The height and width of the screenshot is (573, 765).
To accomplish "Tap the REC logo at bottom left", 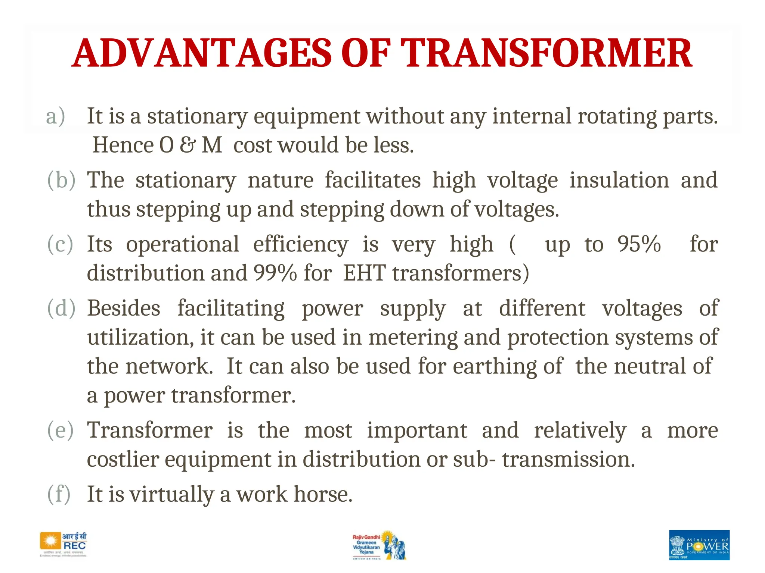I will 64,545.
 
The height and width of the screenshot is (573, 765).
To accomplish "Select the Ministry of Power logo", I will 699,545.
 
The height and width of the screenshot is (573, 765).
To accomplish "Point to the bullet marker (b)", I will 61,180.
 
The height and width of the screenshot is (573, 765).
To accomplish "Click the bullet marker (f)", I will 59,494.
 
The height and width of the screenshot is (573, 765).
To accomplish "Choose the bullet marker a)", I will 56,116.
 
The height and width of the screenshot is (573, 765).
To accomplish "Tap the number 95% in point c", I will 639,244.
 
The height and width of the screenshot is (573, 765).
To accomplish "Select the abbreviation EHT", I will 364,273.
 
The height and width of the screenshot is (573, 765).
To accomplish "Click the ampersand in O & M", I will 188,145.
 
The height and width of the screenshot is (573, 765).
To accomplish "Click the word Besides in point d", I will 124,309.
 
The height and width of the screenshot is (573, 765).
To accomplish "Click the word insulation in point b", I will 619,180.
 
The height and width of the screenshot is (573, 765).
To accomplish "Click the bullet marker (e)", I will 61,430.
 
